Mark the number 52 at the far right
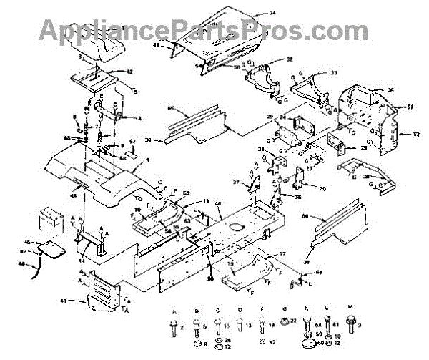(x=416, y=134)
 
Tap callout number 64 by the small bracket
(x=319, y=273)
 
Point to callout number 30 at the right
(x=386, y=176)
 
